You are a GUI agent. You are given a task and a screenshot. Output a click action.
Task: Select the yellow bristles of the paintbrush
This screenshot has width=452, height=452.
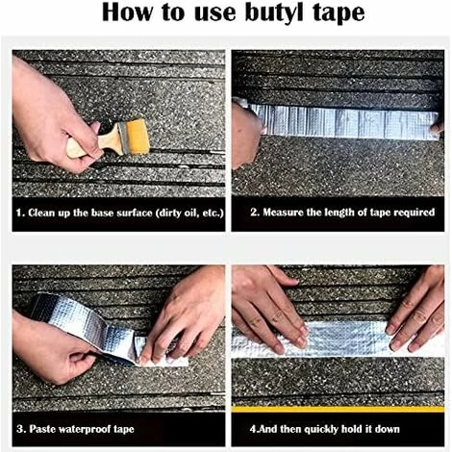point(136,135)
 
